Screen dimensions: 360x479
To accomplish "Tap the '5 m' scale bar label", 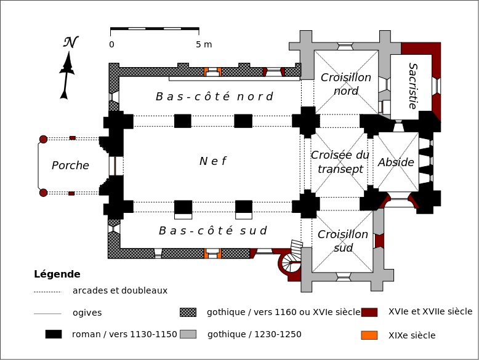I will [204, 44].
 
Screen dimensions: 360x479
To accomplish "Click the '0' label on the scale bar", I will [111, 44].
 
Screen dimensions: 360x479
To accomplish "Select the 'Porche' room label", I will [70, 165].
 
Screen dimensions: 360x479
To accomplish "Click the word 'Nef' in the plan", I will [212, 161].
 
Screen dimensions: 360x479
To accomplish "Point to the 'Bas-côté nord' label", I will [214, 97].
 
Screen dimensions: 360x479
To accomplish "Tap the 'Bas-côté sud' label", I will [212, 231].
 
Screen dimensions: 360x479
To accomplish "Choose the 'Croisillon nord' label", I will [346, 84].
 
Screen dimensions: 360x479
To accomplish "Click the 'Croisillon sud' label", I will [343, 241].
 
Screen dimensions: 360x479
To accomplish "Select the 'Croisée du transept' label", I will [340, 162].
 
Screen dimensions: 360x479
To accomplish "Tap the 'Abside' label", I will [396, 162].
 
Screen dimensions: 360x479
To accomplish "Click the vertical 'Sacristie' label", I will [413, 86].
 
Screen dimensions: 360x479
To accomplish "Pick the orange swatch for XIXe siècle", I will [369, 335].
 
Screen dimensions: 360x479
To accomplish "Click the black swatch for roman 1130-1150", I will [54, 334].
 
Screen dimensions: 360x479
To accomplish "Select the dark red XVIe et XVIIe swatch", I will [369, 312].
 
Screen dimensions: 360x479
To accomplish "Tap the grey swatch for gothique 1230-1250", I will [188, 334].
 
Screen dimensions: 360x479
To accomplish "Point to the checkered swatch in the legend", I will [188, 312].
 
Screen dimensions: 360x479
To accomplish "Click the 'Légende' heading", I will [57, 274].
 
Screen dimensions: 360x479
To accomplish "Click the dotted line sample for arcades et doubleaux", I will [47, 291].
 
